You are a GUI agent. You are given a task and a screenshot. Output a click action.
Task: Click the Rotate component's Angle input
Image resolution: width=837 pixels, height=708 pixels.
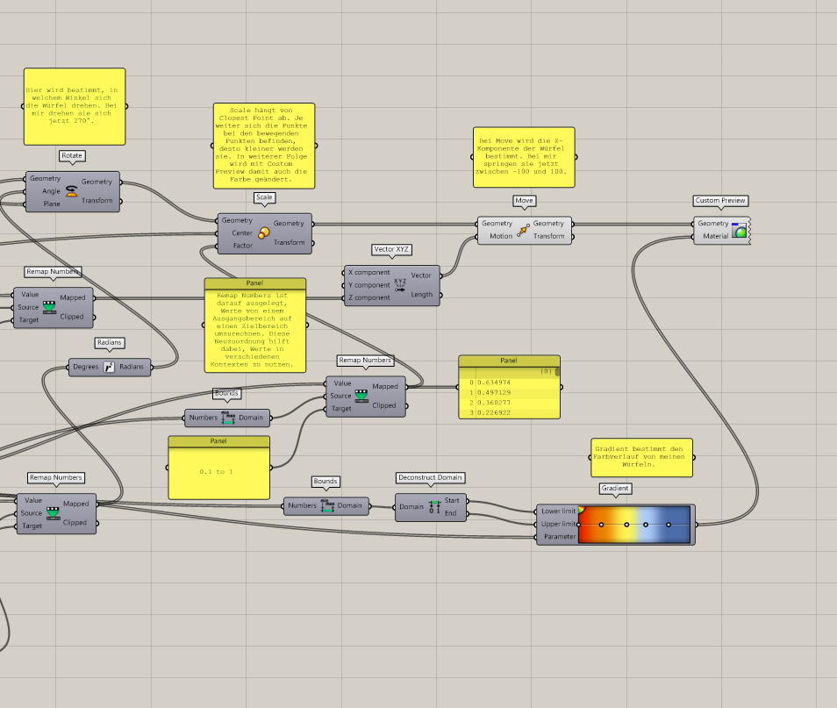(x=51, y=191)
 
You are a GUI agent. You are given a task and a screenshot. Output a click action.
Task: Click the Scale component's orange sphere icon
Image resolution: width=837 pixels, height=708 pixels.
(x=263, y=232)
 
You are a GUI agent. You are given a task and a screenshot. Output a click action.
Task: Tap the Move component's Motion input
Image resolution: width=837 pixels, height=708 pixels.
(x=501, y=236)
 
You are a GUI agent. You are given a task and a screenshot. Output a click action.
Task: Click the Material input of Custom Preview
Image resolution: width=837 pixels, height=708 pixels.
(x=715, y=236)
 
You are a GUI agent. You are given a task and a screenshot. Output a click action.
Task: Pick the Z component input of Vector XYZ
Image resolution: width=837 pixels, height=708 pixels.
(x=369, y=297)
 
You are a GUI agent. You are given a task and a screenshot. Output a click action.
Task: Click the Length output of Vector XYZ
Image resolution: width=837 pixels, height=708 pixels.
(x=422, y=295)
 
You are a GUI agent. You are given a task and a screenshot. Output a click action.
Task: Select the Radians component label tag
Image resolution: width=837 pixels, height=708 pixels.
(x=110, y=343)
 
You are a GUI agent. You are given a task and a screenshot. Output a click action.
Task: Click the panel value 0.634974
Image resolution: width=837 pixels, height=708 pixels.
(x=493, y=383)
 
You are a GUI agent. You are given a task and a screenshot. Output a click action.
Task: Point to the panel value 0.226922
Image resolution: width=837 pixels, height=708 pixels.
(x=493, y=412)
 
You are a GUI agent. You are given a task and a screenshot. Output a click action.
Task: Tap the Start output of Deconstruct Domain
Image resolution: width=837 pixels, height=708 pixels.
(x=452, y=500)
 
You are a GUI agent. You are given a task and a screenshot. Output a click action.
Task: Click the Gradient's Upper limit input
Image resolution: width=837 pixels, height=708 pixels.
(x=558, y=524)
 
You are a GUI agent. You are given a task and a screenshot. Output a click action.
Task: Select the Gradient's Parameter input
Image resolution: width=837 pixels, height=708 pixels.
(x=560, y=536)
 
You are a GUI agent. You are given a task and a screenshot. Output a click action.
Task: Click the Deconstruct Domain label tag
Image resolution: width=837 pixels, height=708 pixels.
(x=430, y=477)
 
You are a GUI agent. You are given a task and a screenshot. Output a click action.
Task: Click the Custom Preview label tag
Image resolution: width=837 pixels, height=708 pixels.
(x=719, y=201)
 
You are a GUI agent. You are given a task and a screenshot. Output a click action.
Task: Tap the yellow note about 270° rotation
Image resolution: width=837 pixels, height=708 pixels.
(x=75, y=106)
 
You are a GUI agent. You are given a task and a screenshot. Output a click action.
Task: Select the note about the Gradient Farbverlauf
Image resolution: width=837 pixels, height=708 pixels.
(x=641, y=457)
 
